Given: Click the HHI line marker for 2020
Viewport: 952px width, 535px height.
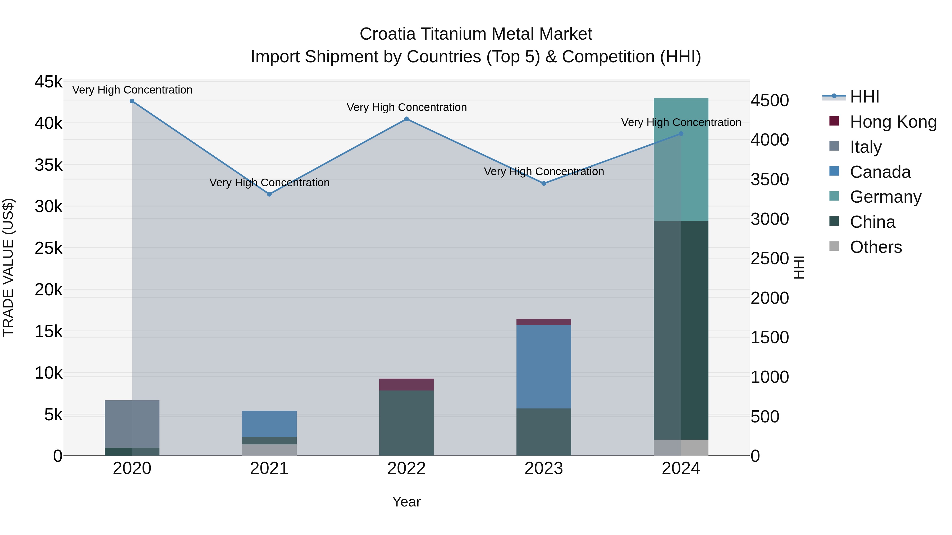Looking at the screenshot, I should tap(132, 101).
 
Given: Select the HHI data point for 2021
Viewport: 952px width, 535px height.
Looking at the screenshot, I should tap(269, 194).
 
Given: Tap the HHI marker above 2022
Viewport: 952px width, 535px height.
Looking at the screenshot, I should tap(406, 119).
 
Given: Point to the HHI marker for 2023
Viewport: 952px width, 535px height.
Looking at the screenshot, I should tap(544, 184).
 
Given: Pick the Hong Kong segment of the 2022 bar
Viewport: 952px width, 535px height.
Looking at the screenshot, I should tap(406, 384).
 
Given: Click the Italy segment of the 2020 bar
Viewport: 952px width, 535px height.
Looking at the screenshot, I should tap(132, 424).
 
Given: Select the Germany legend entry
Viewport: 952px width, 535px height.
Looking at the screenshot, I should tap(885, 197).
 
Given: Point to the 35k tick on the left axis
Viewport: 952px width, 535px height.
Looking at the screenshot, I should tap(48, 165).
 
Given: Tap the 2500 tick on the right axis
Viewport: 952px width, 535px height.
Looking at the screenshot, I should tap(770, 258).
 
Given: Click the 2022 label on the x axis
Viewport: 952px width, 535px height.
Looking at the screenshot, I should tap(406, 468).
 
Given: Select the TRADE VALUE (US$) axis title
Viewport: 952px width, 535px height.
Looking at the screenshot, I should tap(8, 267).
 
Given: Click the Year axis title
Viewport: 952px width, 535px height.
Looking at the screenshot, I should tap(406, 502).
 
